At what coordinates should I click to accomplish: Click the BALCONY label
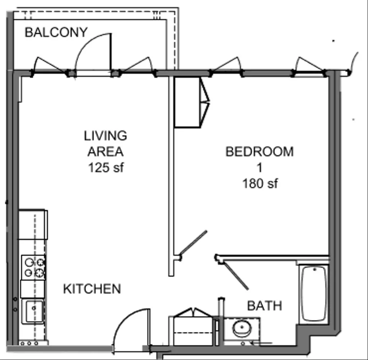pos(56,32)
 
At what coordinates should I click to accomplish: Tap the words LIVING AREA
pos(106,144)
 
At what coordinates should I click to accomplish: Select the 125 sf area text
pos(106,168)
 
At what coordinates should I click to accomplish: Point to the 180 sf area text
pos(260,183)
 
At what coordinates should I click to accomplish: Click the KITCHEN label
pos(92,289)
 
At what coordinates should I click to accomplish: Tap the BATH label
pos(264,306)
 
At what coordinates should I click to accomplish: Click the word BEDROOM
pos(260,151)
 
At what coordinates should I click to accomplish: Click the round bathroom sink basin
pos(242,328)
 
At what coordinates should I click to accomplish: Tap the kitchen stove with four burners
pos(34,267)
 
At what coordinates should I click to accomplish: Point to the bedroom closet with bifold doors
pos(192,102)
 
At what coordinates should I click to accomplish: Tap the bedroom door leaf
pos(193,243)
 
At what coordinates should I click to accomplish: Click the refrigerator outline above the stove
pos(33,224)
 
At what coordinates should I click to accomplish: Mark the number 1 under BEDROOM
pos(260,168)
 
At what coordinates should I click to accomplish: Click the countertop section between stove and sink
pos(33,289)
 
